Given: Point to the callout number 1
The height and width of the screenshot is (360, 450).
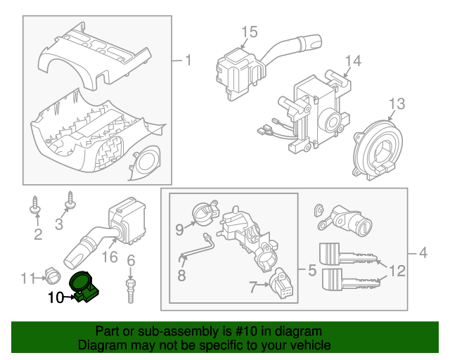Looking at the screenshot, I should click(x=188, y=60).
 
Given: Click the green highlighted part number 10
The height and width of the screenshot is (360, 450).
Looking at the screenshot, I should click(x=86, y=286).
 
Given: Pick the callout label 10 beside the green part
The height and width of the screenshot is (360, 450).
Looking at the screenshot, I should click(x=55, y=297).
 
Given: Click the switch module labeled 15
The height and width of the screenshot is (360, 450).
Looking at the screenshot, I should click(x=236, y=65).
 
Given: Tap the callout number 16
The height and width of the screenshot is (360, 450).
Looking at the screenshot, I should click(x=110, y=258).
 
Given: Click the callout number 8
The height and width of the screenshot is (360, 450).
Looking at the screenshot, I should click(x=181, y=275).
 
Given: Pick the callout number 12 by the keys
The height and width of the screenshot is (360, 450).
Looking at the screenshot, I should click(x=397, y=269).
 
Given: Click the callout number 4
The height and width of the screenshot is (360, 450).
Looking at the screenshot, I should click(x=423, y=252).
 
